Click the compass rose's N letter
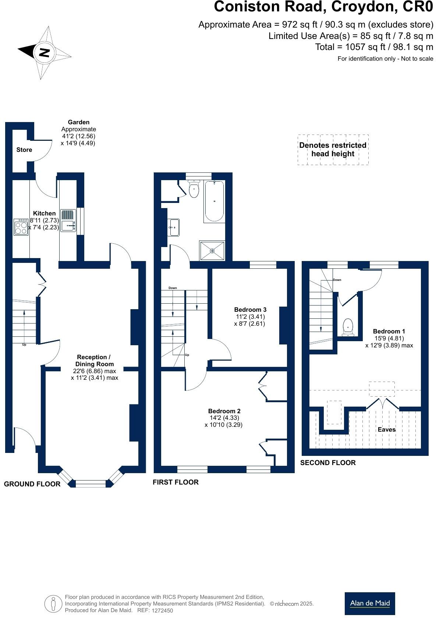coord(45,53)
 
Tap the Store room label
coord(24,150)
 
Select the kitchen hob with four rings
coord(21,227)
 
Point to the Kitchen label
coord(44,213)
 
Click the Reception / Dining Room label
coord(94,360)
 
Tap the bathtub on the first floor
coord(214,201)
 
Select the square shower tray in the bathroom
coord(212,251)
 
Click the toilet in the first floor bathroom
coord(194,189)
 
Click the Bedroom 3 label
coord(250,310)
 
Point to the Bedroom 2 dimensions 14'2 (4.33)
coord(224,418)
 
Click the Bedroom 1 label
coord(389,331)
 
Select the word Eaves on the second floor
coord(386,429)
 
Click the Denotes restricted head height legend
coord(333,149)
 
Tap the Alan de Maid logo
coord(370,603)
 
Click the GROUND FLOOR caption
coord(32,484)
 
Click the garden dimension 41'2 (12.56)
coord(78,136)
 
